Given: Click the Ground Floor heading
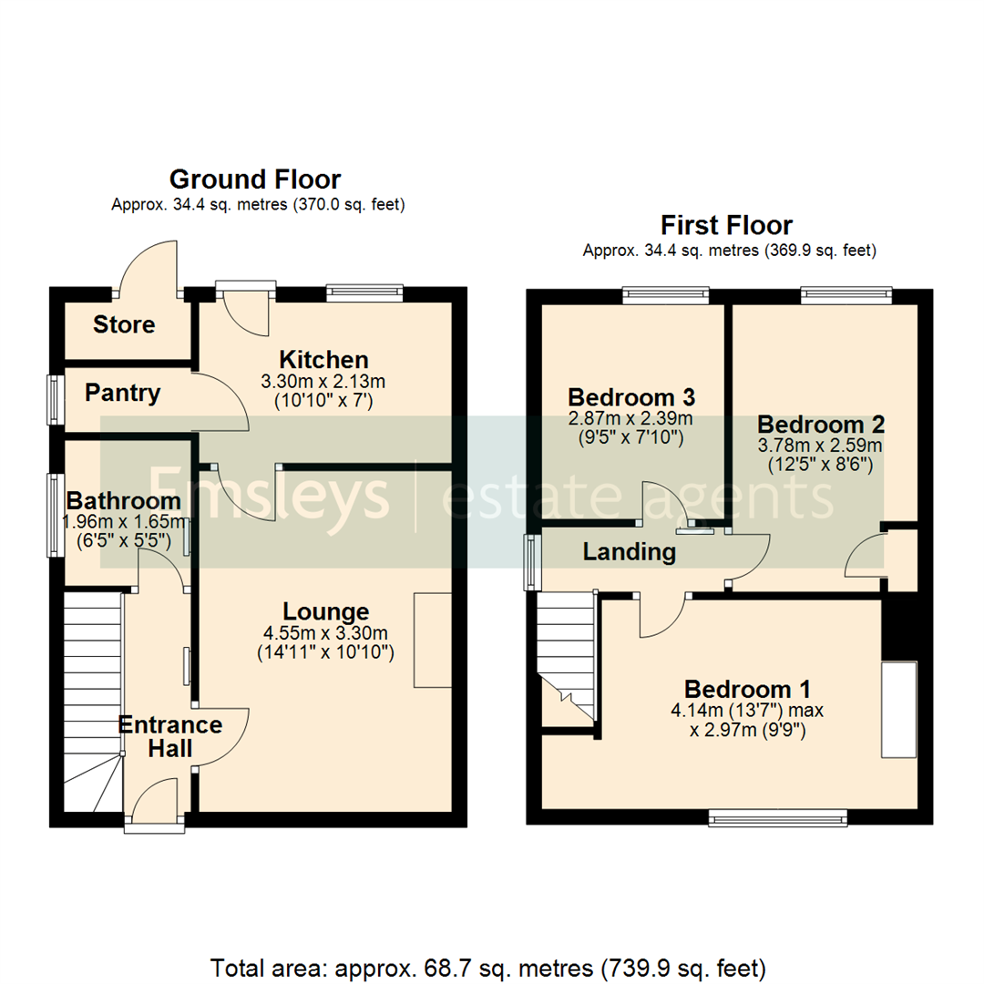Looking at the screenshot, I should pos(255,179).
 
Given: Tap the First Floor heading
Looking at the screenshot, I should pos(726,224).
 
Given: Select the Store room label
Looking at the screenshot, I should pos(124,325).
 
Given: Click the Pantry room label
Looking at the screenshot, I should pos(122,394).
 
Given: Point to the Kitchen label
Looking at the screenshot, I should pos(323,359).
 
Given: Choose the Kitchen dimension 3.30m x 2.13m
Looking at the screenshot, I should pos(323,381).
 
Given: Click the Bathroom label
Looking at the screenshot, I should pos(123,500).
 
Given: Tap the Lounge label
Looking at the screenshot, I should pos(325,611).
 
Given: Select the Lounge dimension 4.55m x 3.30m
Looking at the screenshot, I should pos(325,633).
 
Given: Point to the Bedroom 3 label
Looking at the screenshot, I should pos(631,397).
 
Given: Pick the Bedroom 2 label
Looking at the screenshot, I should pos(821,425).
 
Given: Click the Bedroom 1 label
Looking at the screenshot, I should pos(748,689).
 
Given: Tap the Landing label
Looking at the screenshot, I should pos(629,551).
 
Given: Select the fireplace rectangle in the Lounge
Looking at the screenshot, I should pos(433,640).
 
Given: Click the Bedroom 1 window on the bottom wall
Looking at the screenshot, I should pos(778,821).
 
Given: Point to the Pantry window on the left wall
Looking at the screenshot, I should pos(56,399).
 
